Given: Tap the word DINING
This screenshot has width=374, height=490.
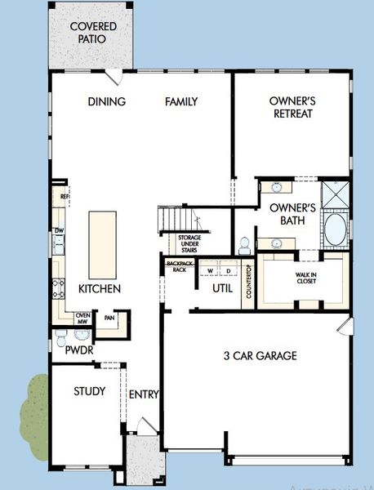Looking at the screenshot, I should click(x=107, y=102).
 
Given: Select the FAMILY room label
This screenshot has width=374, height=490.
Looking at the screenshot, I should click(x=181, y=102).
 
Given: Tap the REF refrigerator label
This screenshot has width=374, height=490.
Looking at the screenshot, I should click(x=63, y=197).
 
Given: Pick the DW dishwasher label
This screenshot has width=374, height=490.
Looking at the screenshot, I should click(x=59, y=231).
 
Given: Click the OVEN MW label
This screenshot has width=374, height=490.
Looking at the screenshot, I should click(x=82, y=319).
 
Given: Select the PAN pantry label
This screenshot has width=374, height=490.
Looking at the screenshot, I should click(x=108, y=318).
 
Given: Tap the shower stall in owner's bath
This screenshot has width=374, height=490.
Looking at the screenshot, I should click(x=333, y=196).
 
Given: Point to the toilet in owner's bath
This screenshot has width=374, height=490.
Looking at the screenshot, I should click(x=244, y=244).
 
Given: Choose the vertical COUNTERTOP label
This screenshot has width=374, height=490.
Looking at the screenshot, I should click(x=248, y=282).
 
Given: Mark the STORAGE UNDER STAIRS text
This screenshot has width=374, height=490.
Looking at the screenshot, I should click(x=189, y=244).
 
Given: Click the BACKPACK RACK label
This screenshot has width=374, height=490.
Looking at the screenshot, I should click(x=177, y=266).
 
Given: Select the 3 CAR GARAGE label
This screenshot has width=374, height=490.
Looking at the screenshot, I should click(x=260, y=355).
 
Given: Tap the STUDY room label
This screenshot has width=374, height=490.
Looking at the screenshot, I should click(x=89, y=391).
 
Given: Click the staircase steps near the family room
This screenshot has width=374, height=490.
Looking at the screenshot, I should click(x=178, y=220).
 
